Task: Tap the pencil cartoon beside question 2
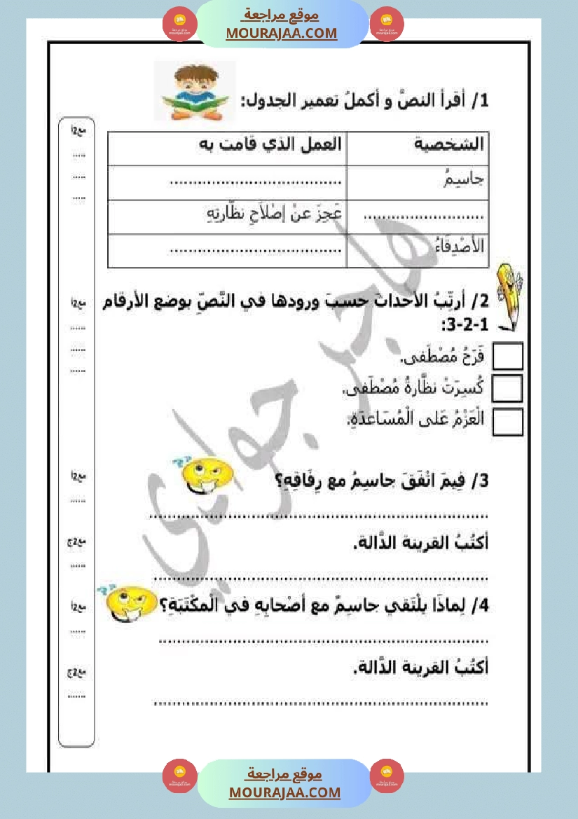click(x=509, y=295)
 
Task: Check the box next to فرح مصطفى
click(x=508, y=356)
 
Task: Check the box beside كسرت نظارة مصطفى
click(x=508, y=388)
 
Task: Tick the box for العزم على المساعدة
click(x=508, y=421)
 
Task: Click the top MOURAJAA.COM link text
click(x=282, y=33)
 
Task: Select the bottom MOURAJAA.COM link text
click(x=284, y=792)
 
